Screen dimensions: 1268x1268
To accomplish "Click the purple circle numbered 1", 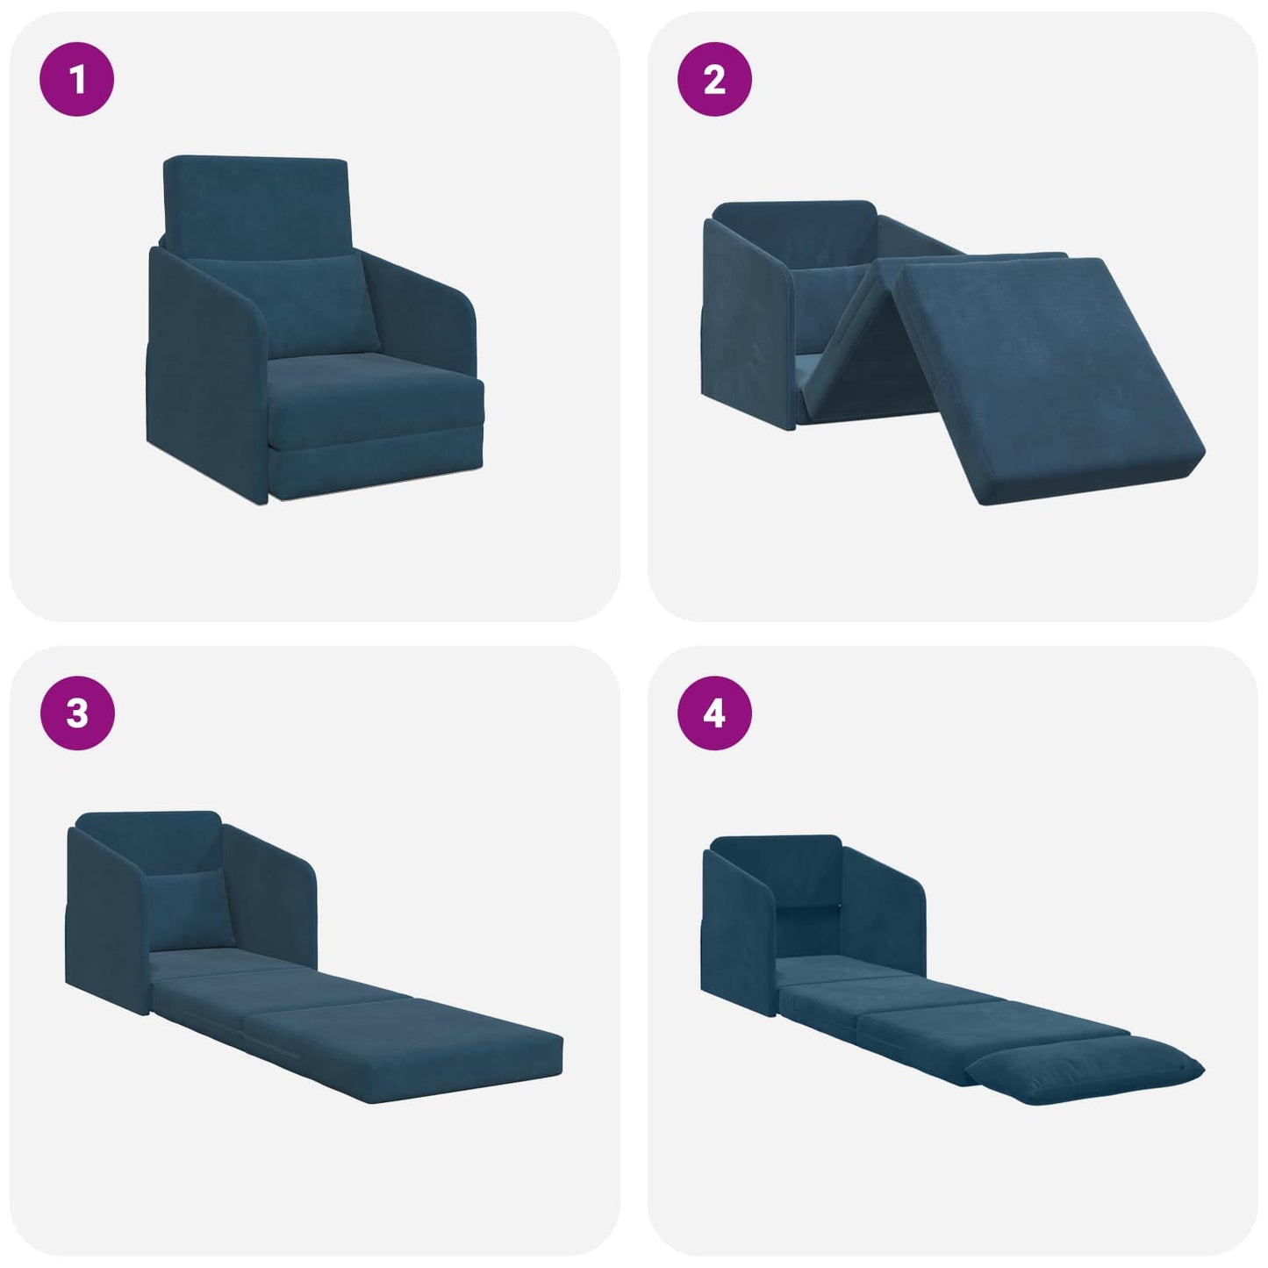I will [77, 80].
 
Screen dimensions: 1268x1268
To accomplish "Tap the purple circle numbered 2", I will [714, 80].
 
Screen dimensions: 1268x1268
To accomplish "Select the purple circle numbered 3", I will [77, 713].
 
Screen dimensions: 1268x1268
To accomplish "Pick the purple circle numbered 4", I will [714, 713].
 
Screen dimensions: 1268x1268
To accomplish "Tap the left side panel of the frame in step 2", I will [746, 325].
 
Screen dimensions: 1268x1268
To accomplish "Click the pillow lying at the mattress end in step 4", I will [1088, 1071].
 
